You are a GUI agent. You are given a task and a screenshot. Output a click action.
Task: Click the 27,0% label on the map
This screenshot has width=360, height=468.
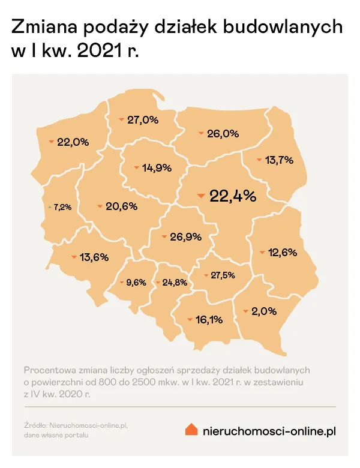click(x=142, y=120)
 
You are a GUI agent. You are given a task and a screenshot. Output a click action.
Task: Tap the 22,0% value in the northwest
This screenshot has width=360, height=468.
click(x=73, y=142)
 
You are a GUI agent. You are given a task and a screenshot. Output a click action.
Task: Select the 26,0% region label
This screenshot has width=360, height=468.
click(x=223, y=134)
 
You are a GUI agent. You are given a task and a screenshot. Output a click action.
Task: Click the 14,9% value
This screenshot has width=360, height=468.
click(x=157, y=167)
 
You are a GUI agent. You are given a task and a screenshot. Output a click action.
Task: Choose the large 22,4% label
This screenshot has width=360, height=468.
click(x=233, y=196)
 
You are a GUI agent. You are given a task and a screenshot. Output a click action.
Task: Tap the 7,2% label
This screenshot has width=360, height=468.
click(x=62, y=207)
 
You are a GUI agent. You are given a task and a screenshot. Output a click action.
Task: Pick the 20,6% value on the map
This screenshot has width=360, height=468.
click(x=121, y=206)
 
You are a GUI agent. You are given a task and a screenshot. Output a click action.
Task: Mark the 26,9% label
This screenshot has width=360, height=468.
click(x=185, y=237)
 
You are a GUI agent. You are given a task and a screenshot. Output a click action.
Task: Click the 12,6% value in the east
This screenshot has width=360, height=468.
click(x=283, y=253)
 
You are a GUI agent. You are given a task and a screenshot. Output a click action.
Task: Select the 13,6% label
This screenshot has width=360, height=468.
click(x=94, y=257)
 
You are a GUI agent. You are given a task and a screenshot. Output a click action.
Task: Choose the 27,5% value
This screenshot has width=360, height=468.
click(x=223, y=275)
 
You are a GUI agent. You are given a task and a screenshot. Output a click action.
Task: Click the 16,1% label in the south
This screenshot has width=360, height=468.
click(x=209, y=320)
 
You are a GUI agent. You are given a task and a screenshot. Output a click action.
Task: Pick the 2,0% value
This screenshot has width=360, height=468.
click(x=264, y=311)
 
